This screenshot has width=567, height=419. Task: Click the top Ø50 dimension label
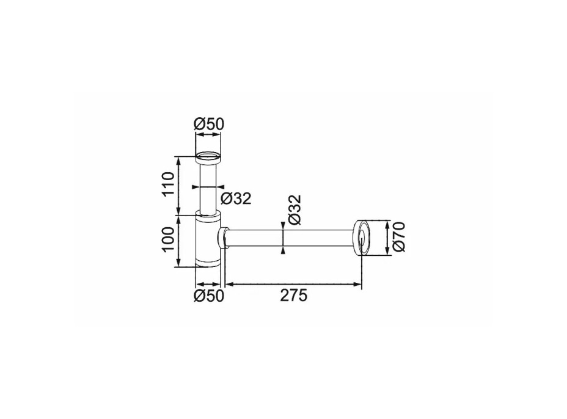click(x=209, y=124)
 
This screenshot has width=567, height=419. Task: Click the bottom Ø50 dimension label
click(x=209, y=296)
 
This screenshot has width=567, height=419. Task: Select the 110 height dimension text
click(x=168, y=184)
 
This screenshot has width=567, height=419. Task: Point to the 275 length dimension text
click(x=294, y=296)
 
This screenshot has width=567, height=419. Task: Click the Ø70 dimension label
click(x=399, y=236)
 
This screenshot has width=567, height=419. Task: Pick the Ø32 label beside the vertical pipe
click(x=236, y=199)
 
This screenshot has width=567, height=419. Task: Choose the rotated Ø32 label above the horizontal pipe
click(x=294, y=209)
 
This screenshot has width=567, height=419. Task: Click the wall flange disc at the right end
click(x=361, y=237)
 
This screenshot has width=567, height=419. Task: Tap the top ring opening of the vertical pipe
click(x=208, y=158)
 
